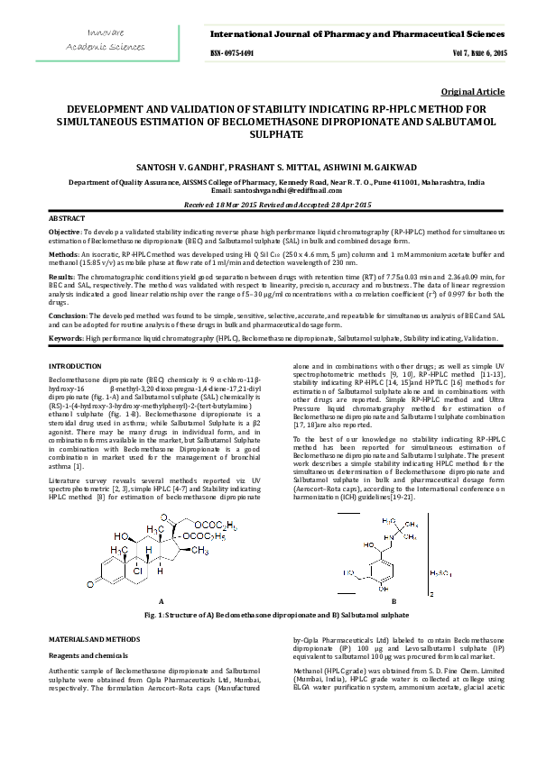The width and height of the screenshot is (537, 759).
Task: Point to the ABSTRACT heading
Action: tap(67, 219)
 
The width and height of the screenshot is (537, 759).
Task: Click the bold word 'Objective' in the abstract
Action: tap(64, 232)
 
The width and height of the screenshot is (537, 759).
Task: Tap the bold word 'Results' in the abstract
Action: tap(61, 277)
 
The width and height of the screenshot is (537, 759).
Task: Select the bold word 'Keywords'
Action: tap(65, 337)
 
